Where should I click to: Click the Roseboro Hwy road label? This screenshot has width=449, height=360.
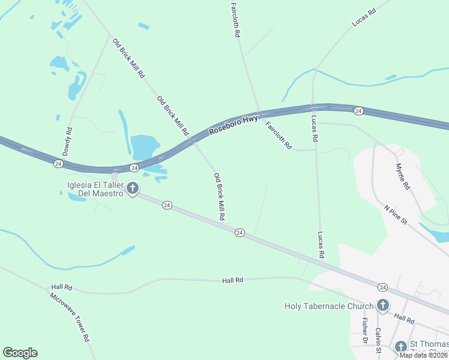234,125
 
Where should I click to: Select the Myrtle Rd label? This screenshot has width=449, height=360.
402,177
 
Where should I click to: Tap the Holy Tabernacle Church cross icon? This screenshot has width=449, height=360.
382,306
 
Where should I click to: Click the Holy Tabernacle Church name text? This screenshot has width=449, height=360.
329,306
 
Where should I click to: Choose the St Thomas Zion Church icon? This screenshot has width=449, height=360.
401,347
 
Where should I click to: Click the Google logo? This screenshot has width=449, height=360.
20,353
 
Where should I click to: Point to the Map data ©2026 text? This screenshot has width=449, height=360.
423,355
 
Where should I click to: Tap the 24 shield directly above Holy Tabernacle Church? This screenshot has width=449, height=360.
383,287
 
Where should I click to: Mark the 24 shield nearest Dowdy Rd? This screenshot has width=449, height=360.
58,163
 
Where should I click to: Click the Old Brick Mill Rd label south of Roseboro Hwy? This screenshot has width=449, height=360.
220,196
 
